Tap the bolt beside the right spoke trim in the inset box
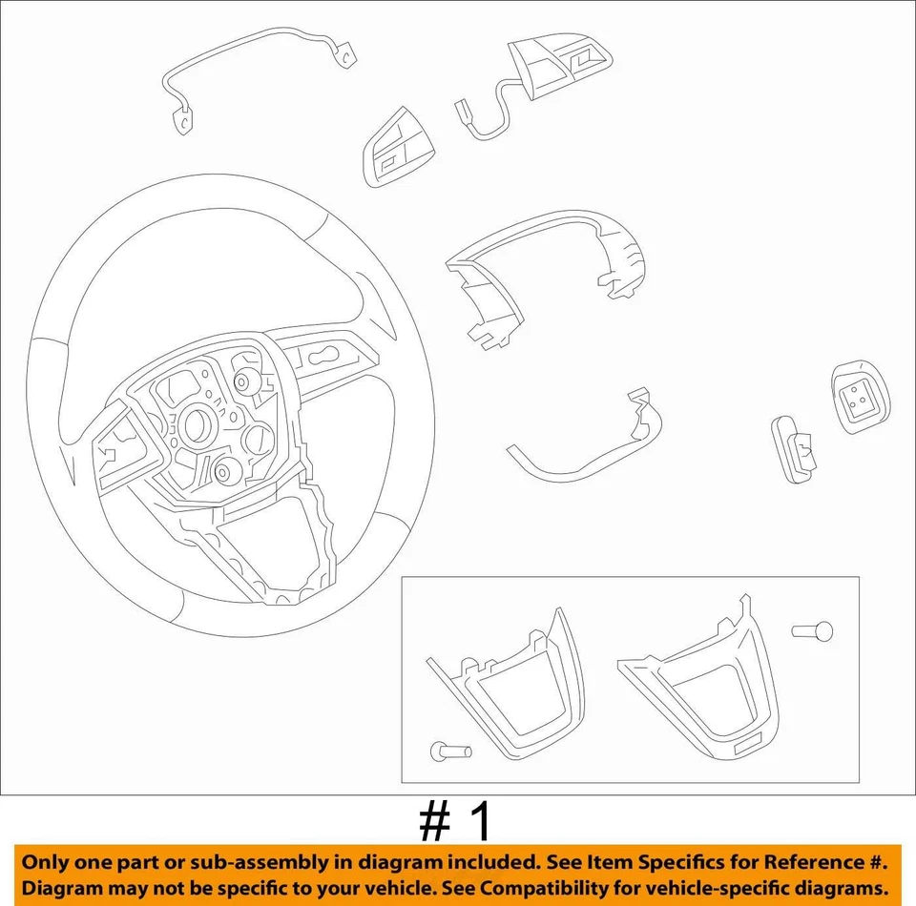coord(813,630)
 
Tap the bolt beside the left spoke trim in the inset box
coord(450,752)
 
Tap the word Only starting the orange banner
coord(47,862)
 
